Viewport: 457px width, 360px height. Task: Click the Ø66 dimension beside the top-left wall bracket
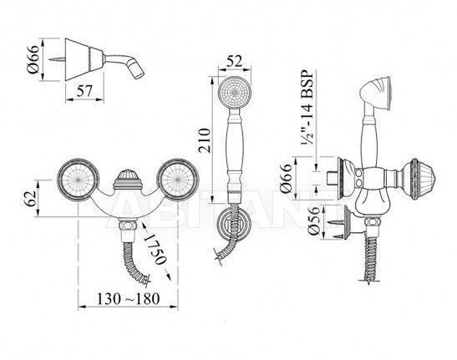[33, 59]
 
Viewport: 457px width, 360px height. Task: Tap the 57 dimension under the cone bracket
[84, 91]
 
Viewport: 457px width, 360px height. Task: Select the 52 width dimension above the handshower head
[234, 62]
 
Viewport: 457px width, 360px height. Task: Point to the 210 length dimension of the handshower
[205, 140]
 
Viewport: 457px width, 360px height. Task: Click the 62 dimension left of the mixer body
[30, 199]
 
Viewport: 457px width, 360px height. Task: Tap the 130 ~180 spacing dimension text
[128, 298]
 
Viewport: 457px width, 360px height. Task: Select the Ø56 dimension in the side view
[314, 222]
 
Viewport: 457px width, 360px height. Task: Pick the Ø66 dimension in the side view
[286, 178]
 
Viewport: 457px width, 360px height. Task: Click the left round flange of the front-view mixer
[78, 180]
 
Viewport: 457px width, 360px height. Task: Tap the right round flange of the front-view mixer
[178, 180]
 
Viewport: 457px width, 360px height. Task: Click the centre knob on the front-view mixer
[127, 180]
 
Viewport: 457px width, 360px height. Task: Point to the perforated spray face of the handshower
[234, 93]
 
